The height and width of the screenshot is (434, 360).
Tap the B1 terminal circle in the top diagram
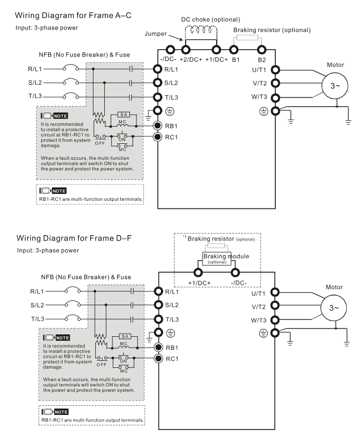pyautogui.click(x=234, y=50)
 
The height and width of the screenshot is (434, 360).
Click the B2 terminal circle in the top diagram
pyautogui.click(x=261, y=50)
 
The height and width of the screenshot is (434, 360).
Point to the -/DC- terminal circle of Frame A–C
pyautogui.click(x=170, y=50)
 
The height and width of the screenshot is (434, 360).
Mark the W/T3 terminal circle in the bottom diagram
pyautogui.click(x=275, y=319)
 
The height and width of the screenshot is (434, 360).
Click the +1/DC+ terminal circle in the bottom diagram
pyautogui.click(x=198, y=273)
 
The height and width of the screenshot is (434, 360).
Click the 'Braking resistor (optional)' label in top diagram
pyautogui.click(x=272, y=30)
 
